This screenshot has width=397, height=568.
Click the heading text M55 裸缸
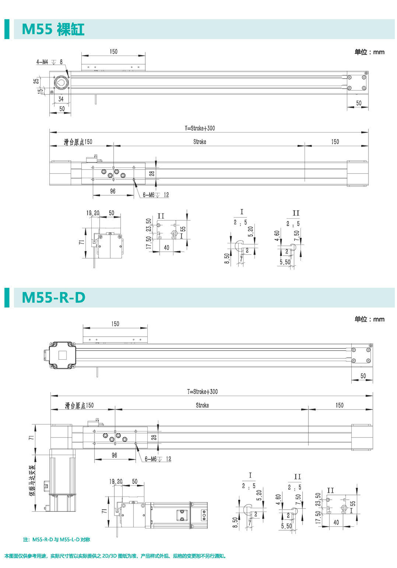(53, 29)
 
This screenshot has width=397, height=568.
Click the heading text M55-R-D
(53, 297)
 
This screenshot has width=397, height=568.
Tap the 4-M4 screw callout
(42, 62)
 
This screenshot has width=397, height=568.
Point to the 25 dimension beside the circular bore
(36, 81)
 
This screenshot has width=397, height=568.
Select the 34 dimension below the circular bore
(61, 99)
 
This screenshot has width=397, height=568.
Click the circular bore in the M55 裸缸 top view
(61, 83)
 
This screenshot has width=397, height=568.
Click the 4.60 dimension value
(277, 236)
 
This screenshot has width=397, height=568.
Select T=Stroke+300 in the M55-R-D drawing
(202, 391)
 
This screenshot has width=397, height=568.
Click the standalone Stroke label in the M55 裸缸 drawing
(200, 142)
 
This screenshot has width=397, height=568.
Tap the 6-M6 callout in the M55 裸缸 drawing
(148, 195)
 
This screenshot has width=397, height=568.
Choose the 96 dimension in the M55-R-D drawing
(114, 455)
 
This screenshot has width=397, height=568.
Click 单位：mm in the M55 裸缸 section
(369, 52)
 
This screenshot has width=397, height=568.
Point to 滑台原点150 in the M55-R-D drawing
(79, 405)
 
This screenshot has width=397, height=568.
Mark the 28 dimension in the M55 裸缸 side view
(152, 173)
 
